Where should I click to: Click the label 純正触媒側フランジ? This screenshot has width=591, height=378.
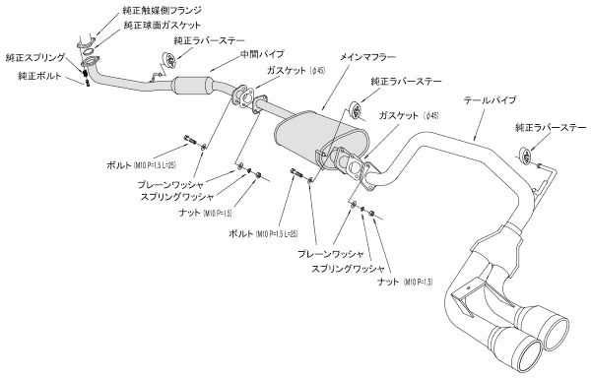163,11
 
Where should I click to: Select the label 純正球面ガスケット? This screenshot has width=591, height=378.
163,26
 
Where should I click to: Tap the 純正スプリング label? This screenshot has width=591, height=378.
35,58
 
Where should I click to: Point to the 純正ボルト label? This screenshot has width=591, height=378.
39,76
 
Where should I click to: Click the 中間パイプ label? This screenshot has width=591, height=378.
262,54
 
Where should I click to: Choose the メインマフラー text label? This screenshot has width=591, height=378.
367,57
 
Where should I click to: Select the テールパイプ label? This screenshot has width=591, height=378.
490,100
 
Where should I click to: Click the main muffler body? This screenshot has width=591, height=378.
321,138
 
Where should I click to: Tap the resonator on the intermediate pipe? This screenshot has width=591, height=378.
193,86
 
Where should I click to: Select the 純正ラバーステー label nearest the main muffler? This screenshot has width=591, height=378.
406,82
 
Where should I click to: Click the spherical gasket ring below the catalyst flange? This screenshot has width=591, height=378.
90,51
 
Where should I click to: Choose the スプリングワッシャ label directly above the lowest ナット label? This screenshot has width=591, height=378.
348,269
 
